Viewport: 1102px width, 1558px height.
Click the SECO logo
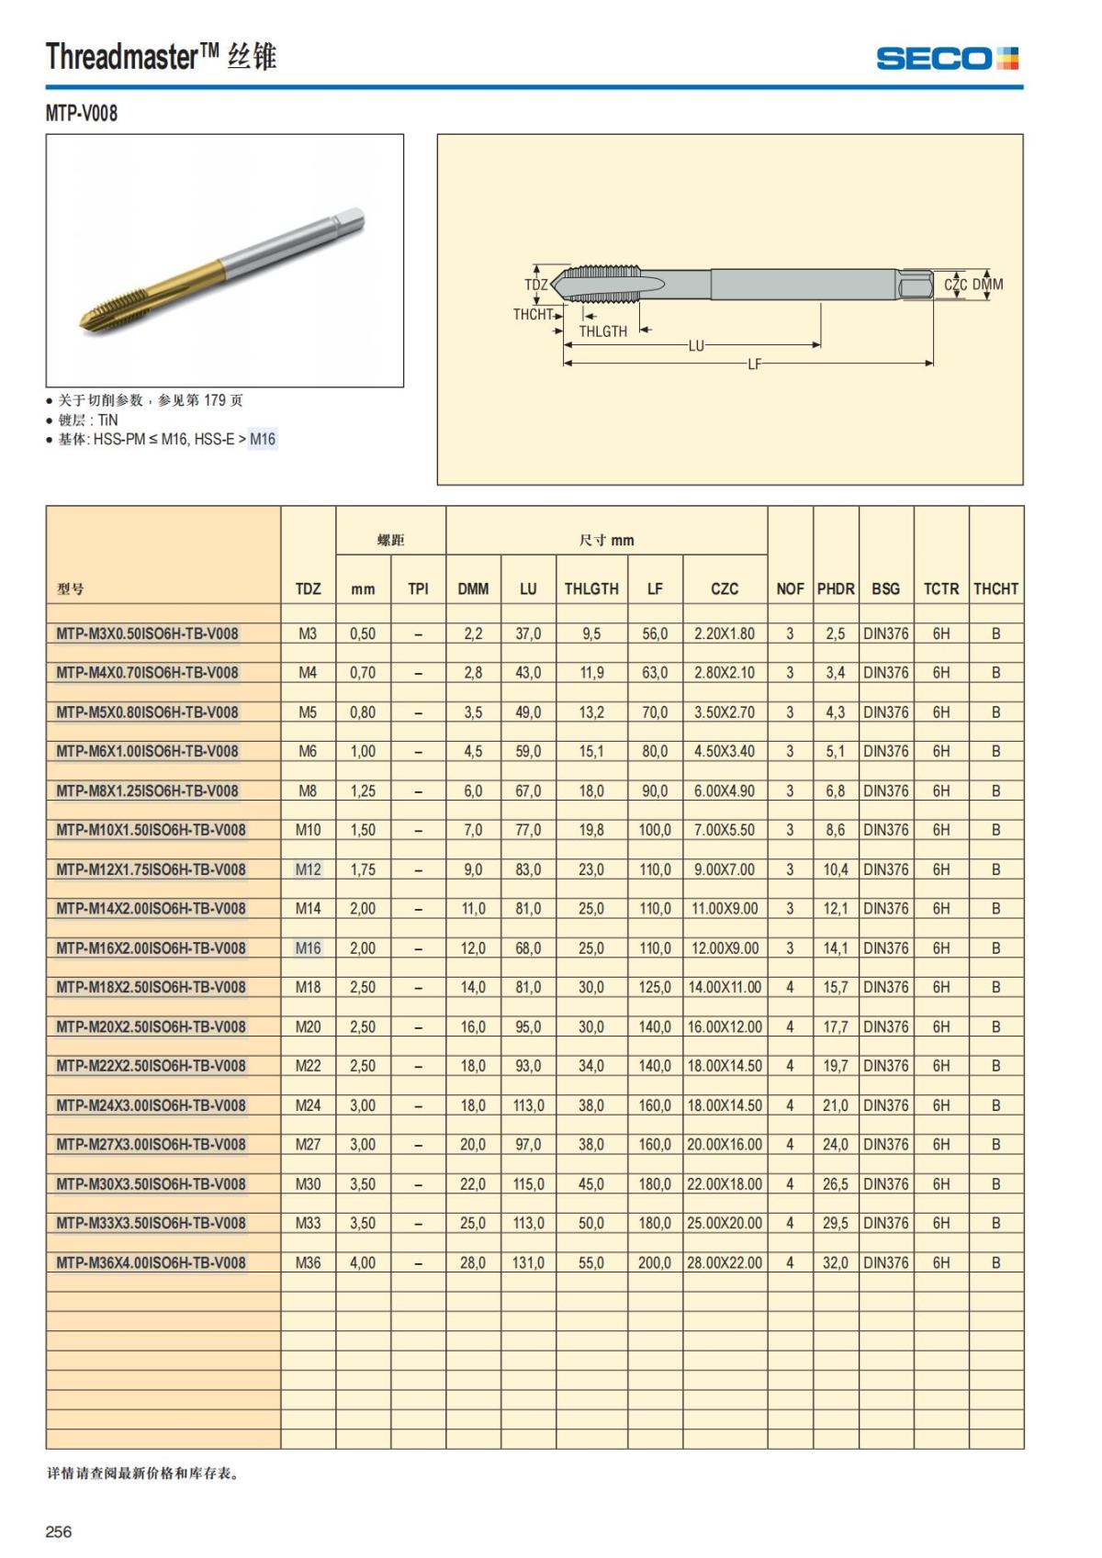tap(947, 59)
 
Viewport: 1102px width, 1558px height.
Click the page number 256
tap(59, 1530)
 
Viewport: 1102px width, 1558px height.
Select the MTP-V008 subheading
tap(82, 114)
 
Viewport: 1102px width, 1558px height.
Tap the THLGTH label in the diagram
tap(602, 331)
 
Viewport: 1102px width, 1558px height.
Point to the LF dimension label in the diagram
tap(754, 364)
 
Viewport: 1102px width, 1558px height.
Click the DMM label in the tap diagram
tap(987, 285)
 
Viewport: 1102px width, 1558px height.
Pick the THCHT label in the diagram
tap(533, 314)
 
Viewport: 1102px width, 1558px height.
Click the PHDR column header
tap(836, 588)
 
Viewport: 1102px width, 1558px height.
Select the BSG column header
tap(885, 588)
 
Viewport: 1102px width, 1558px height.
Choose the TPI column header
tap(418, 588)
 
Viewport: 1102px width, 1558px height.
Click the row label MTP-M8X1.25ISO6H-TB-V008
tap(147, 790)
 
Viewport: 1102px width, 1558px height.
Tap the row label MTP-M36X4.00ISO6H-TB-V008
tap(151, 1262)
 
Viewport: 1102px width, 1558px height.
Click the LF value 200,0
tap(655, 1262)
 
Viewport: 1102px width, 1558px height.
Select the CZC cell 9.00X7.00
tap(725, 869)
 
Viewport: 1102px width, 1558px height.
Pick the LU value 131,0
tap(528, 1262)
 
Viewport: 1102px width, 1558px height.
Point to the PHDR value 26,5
tap(836, 1184)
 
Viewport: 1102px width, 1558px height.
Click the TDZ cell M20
tap(308, 1026)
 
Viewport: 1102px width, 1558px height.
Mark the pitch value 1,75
tap(363, 869)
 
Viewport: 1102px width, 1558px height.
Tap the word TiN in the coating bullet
tap(107, 420)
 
